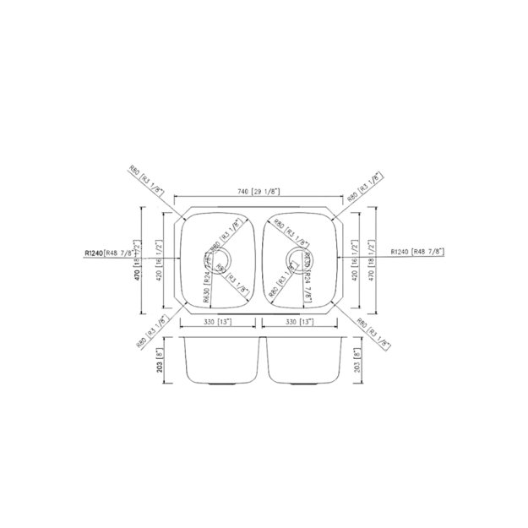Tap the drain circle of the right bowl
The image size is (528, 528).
297,259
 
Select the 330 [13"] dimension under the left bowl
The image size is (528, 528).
219,322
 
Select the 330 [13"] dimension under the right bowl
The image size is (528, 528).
300,322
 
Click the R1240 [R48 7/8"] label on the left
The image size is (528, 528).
122,253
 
